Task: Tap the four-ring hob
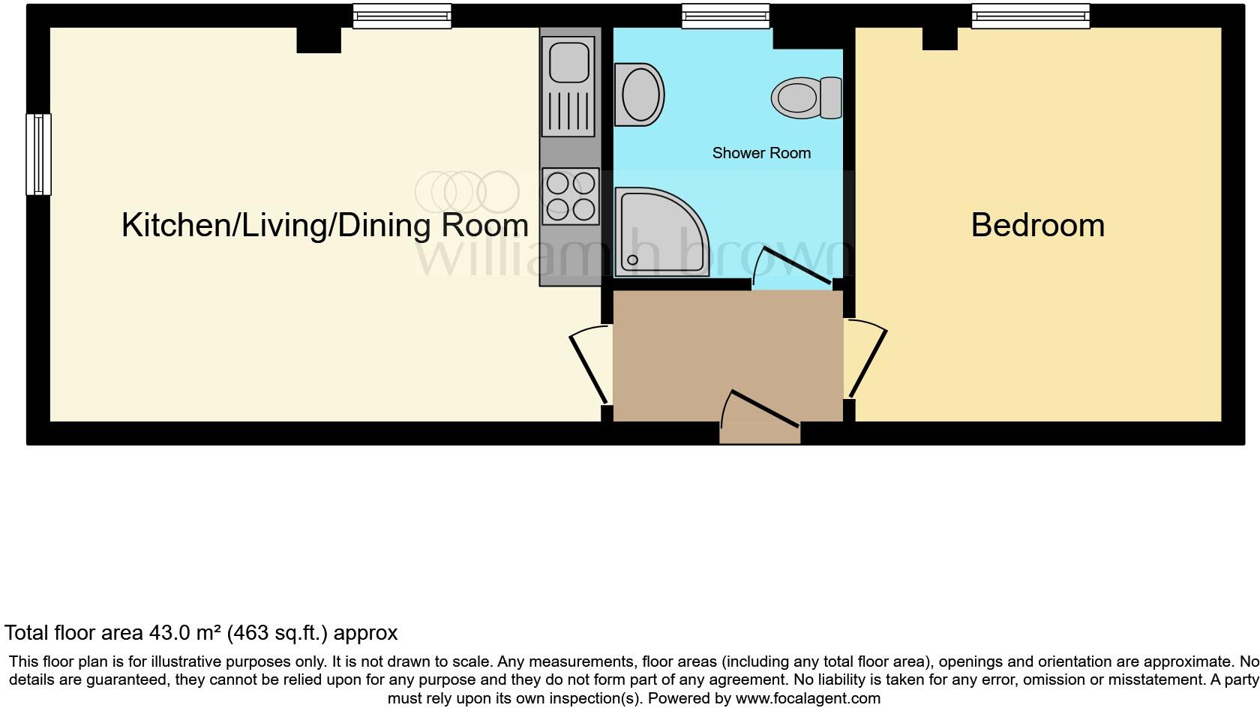[571, 196]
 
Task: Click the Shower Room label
[761, 153]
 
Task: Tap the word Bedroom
[1037, 225]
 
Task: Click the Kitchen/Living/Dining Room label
[325, 225]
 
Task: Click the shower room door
[793, 264]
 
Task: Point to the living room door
[590, 366]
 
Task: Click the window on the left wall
[38, 154]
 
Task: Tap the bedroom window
[1030, 16]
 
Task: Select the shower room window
[725, 16]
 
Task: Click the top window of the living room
[402, 16]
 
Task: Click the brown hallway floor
[727, 345]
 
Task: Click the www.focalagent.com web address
[807, 698]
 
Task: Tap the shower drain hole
[632, 260]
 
